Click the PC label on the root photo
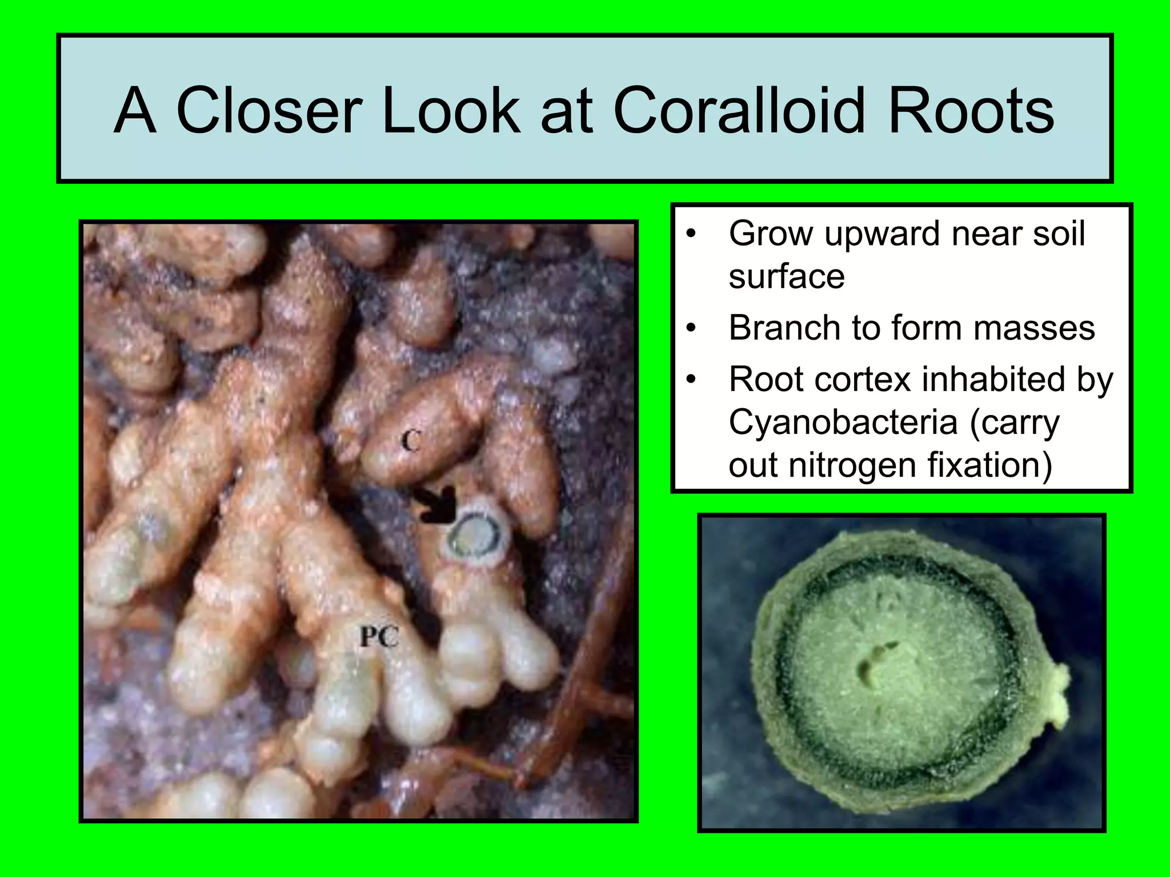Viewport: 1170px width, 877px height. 379,636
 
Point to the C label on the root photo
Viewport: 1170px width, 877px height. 410,441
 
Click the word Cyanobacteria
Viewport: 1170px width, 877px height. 843,423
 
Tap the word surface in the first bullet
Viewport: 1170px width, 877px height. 786,277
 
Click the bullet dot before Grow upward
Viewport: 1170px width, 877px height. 692,235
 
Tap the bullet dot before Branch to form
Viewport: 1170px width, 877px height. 692,329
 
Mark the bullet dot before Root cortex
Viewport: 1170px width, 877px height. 692,380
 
